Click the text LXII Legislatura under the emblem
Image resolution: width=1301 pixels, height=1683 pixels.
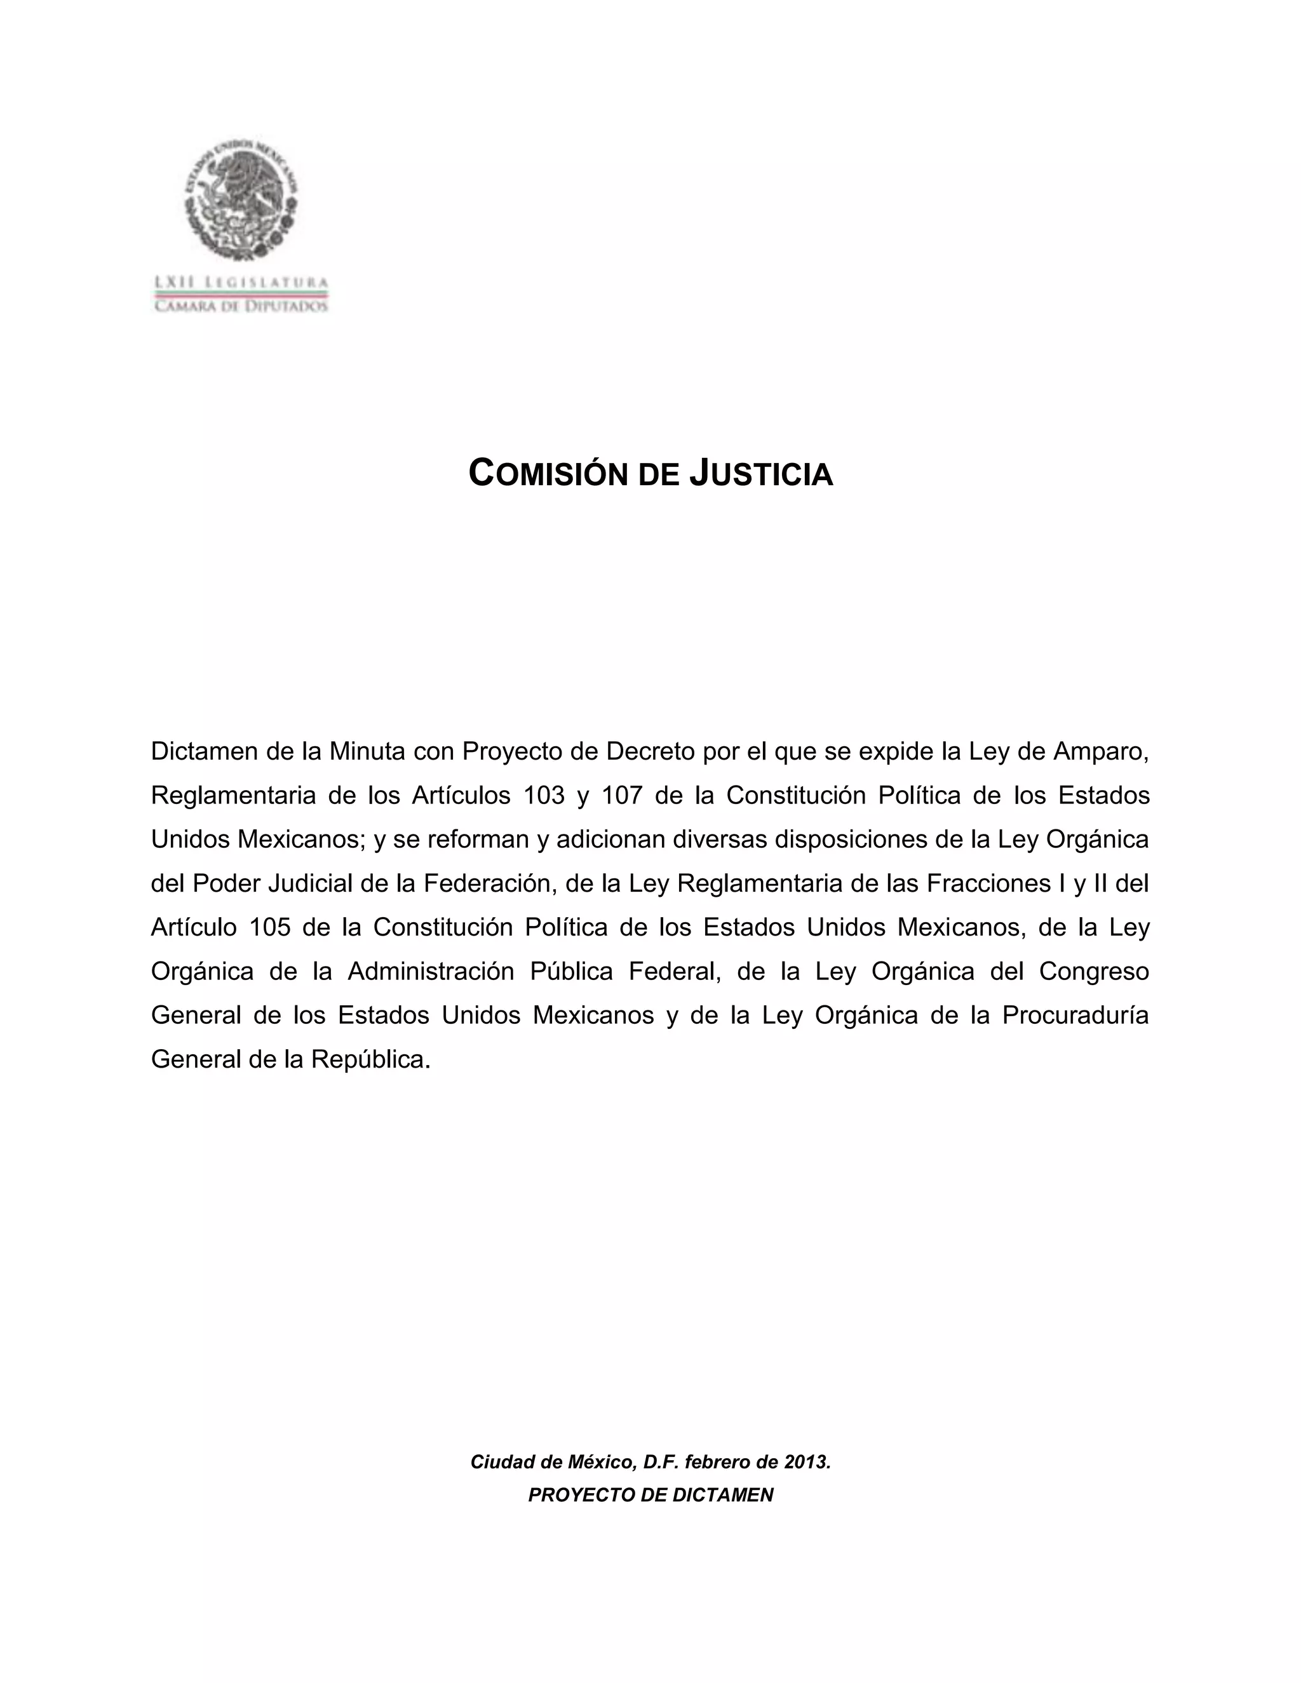pyautogui.click(x=241, y=283)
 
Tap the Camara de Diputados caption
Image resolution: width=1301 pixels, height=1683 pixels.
pyautogui.click(x=241, y=306)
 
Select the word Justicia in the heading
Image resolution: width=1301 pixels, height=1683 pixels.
pyautogui.click(x=762, y=473)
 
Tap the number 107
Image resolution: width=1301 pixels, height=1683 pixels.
pyautogui.click(x=622, y=795)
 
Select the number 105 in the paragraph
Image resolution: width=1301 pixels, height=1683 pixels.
pyautogui.click(x=270, y=927)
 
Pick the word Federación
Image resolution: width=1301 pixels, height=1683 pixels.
pyautogui.click(x=489, y=883)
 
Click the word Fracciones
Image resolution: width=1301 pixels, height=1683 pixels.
pyautogui.click(x=989, y=883)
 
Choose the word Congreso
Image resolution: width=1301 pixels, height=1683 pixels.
pyautogui.click(x=1094, y=971)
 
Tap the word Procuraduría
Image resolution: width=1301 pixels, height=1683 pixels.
pyautogui.click(x=1075, y=1016)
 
